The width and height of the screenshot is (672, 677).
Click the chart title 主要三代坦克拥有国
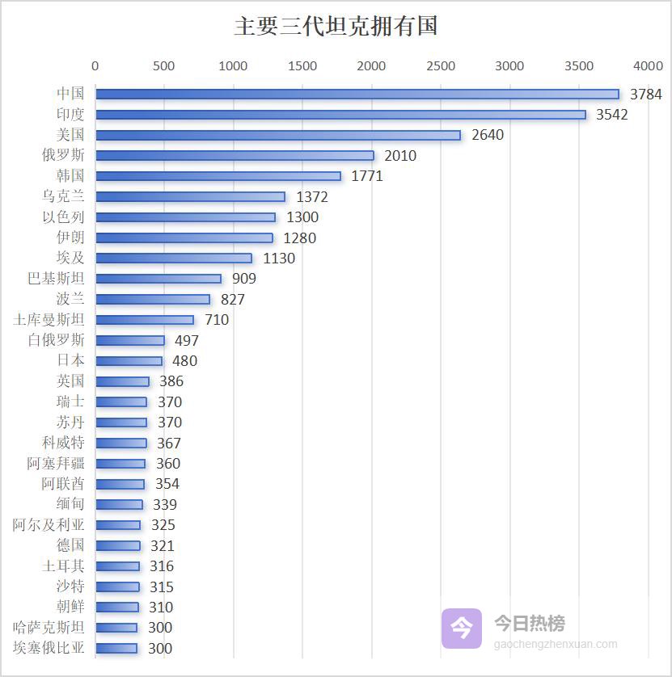336,26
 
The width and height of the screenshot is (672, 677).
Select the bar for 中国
357,94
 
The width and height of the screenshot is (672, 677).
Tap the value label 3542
611,115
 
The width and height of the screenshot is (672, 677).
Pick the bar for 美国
277,135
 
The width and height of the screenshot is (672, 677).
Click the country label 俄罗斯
63,155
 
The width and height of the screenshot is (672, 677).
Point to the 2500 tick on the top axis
441,66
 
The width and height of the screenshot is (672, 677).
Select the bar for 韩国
218,176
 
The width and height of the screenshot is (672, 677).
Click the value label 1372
312,196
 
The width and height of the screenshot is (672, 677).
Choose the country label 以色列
63,217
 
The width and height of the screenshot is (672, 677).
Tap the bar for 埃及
173,259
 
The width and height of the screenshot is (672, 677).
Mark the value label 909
243,279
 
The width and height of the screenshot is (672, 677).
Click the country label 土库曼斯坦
49,320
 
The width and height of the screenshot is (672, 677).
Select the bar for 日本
129,361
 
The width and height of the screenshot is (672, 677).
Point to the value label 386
171,381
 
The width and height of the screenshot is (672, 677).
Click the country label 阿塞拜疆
56,464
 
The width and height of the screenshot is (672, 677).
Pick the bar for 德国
117,546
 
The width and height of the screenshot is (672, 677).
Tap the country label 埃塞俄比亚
49,648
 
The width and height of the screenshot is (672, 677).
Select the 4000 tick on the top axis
648,66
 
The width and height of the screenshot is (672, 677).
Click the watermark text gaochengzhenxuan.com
556,645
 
